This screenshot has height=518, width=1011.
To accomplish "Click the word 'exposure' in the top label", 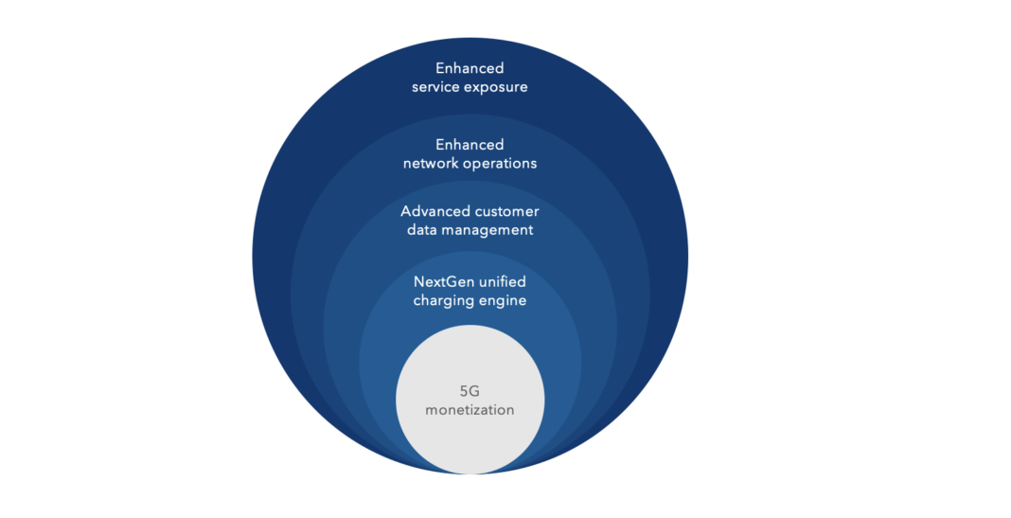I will click(496, 87).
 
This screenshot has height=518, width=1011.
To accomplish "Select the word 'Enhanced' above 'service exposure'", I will click(470, 68).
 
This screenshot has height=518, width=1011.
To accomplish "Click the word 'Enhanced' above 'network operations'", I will click(470, 145).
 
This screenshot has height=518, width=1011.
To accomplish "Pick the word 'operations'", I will click(499, 164).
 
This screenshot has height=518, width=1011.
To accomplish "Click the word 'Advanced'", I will click(434, 211).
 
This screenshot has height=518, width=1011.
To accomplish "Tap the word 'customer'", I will click(505, 211).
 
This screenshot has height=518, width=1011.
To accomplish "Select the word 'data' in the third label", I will click(422, 230).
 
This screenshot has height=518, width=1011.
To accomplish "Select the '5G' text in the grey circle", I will click(470, 390).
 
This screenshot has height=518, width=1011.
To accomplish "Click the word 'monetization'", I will click(470, 410).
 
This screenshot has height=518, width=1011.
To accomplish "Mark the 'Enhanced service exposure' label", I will click(470, 78).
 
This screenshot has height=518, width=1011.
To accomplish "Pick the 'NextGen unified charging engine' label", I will click(470, 292).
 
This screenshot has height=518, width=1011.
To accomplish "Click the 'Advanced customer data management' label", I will click(470, 221).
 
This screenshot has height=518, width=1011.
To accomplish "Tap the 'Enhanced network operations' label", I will click(470, 154).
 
